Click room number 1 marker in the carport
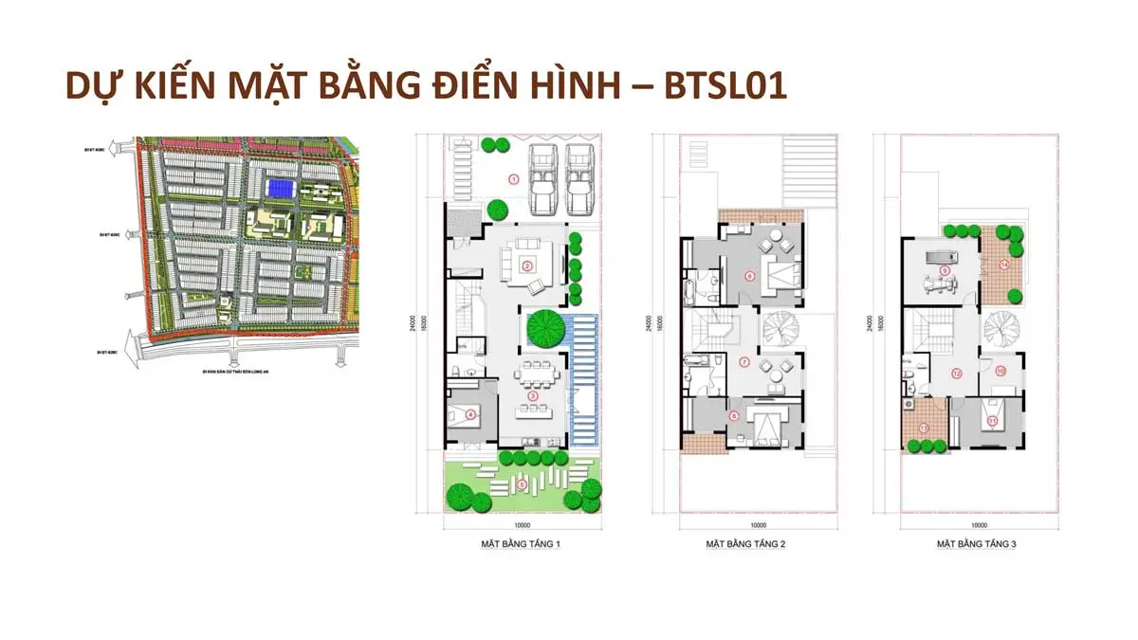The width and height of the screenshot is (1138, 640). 513,177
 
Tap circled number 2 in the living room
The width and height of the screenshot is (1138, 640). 525,265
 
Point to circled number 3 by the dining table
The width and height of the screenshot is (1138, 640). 533,395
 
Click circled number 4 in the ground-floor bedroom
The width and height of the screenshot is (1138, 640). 471,413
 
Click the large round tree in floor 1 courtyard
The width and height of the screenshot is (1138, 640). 545,328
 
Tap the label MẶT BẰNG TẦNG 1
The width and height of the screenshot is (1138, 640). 522,544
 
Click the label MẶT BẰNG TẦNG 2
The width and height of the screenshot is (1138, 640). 744,544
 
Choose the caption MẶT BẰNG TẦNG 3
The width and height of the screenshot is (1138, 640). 976,544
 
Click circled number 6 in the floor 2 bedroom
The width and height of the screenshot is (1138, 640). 749,277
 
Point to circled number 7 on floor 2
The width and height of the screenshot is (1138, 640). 744,361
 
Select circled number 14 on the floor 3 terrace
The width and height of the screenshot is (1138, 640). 1003,265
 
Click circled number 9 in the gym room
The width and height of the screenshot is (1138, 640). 945,270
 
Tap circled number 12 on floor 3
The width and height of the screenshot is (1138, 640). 956,374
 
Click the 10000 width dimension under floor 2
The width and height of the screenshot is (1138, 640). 758,524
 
